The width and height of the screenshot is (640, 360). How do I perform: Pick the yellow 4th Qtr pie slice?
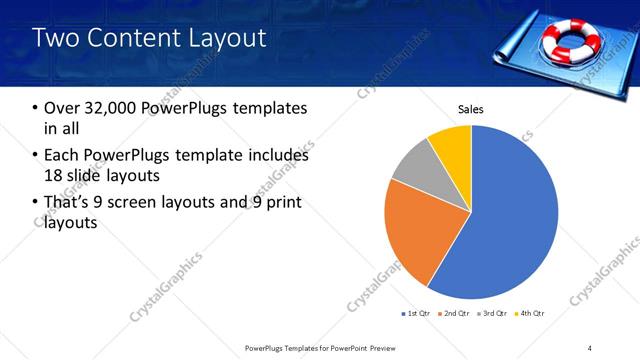click(x=452, y=143)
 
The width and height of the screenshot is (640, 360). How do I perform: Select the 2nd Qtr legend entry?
click(x=454, y=314)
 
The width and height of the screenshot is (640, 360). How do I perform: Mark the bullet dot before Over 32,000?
click(x=37, y=108)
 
